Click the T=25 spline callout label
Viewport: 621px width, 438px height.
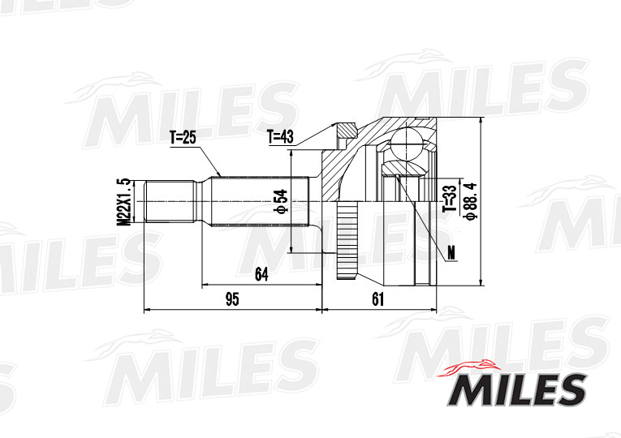click(183, 137)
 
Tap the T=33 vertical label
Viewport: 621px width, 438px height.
click(448, 197)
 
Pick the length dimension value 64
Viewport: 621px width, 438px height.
click(261, 274)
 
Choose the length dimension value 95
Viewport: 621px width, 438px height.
click(232, 299)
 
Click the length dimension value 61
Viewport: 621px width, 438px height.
click(377, 299)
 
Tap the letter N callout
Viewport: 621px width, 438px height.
click(451, 255)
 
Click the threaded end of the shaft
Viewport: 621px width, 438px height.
click(170, 202)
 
